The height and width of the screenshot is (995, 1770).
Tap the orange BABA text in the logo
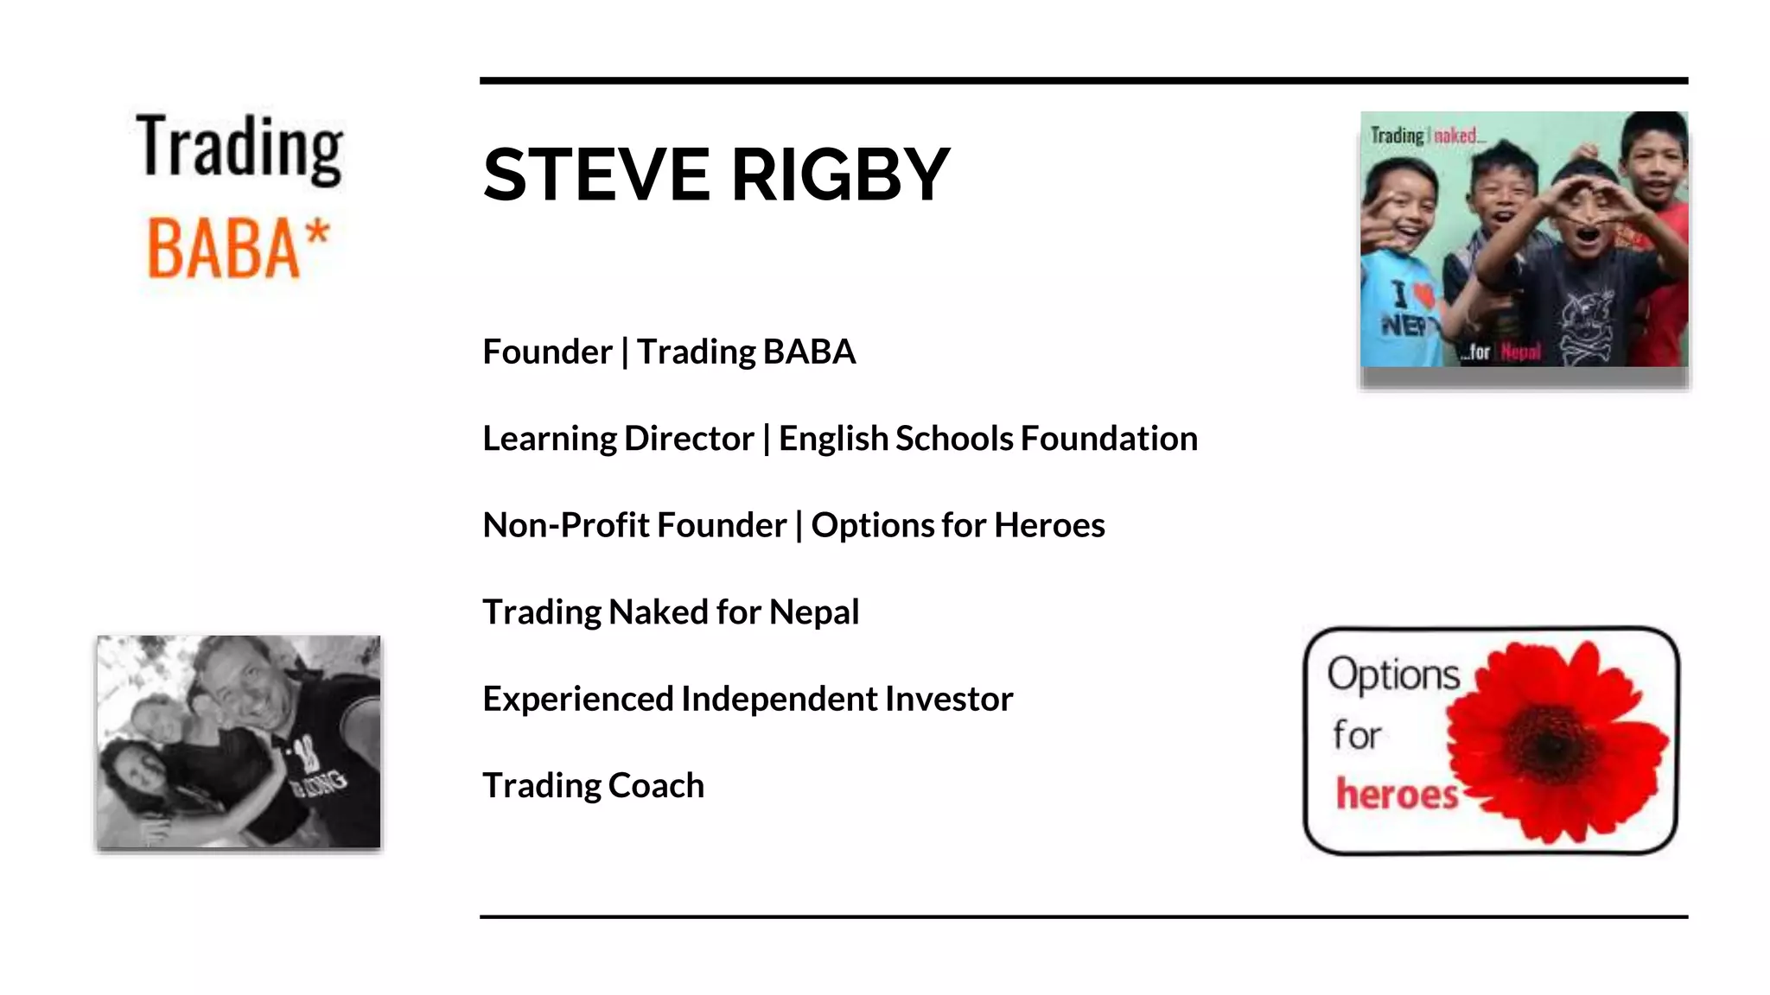pos(223,250)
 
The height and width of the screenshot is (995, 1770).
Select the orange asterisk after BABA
pos(317,233)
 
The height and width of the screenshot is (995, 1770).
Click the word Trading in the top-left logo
pos(239,149)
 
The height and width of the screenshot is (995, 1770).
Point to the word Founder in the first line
pos(547,352)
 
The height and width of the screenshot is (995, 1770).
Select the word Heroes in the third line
pos(1049,525)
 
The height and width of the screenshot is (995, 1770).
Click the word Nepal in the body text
pos(814,612)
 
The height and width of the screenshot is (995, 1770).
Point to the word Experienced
pos(577,699)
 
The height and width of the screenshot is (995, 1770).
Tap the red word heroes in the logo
pos(1397,794)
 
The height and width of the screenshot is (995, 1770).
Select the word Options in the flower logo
pos(1393,675)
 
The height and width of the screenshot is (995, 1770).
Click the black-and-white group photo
pos(239,741)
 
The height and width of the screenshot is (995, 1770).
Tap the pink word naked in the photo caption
pos(1455,136)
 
